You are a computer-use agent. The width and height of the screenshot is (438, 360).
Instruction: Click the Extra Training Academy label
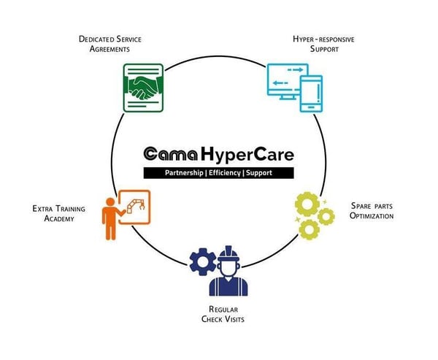pyautogui.click(x=58, y=213)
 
